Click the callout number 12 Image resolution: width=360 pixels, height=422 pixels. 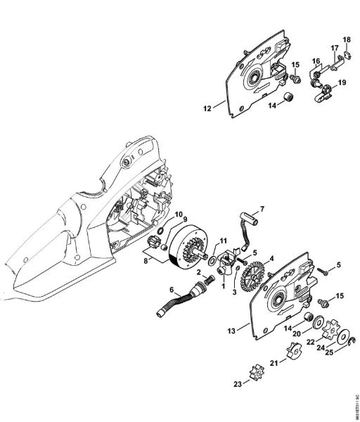click(x=207, y=109)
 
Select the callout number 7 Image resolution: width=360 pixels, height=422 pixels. click(x=262, y=209)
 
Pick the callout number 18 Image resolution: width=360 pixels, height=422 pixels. click(x=346, y=39)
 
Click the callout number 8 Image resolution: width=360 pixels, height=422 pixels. click(x=146, y=260)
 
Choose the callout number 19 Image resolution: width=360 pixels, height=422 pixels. click(x=342, y=82)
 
